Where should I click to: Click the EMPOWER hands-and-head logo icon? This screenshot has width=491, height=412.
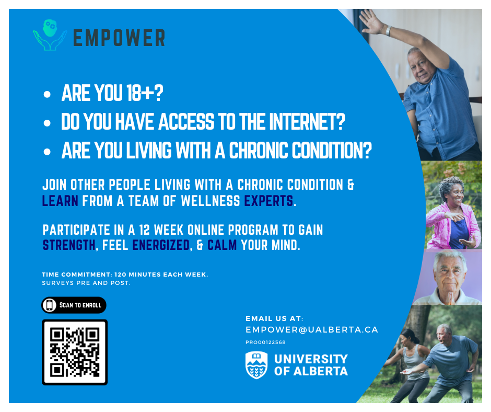(x=50, y=35)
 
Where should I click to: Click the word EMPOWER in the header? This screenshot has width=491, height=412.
(x=119, y=38)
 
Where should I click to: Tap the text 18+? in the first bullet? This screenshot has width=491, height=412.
(x=145, y=93)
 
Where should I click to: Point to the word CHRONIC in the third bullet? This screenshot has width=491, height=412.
(x=259, y=150)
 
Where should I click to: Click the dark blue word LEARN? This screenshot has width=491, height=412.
(x=60, y=201)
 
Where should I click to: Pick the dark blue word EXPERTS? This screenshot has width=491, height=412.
(x=268, y=201)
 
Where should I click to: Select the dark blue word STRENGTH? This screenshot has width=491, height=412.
(x=69, y=245)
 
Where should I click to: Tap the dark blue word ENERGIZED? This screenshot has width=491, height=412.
(x=161, y=245)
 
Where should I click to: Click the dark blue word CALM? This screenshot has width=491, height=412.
(x=222, y=245)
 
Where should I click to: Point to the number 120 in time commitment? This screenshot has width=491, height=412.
(x=120, y=274)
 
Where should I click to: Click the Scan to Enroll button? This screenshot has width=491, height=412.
(x=74, y=305)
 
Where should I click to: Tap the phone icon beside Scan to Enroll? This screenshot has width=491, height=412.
(x=49, y=305)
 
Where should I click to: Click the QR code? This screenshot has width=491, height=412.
(x=75, y=352)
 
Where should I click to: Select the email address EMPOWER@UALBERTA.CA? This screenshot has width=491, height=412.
(x=312, y=330)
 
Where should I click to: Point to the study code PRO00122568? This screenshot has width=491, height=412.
(x=265, y=342)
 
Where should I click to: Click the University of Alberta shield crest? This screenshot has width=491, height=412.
(x=256, y=365)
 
